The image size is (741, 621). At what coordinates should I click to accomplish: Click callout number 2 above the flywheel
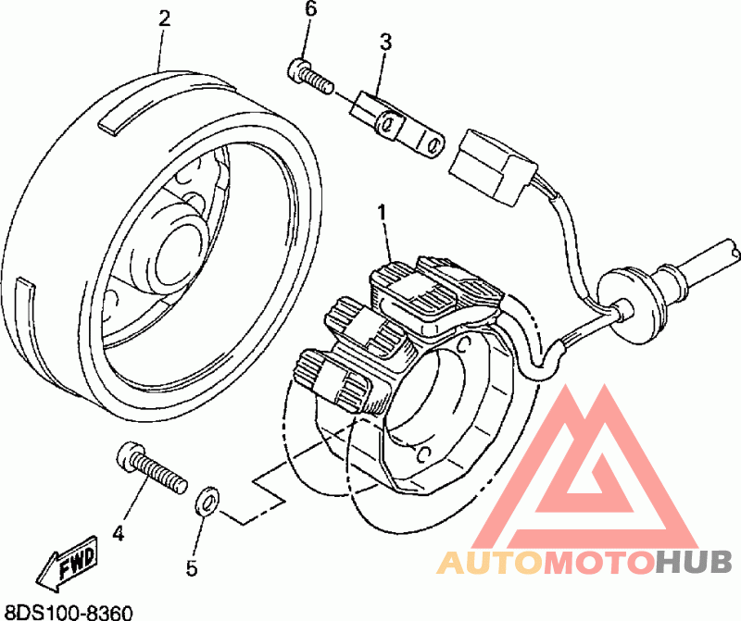(165, 18)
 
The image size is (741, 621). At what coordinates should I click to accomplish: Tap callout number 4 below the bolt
(118, 533)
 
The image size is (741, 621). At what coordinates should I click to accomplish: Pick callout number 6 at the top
(310, 10)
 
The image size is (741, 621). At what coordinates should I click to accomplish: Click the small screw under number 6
(309, 74)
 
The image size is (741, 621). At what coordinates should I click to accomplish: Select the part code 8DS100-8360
(69, 612)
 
